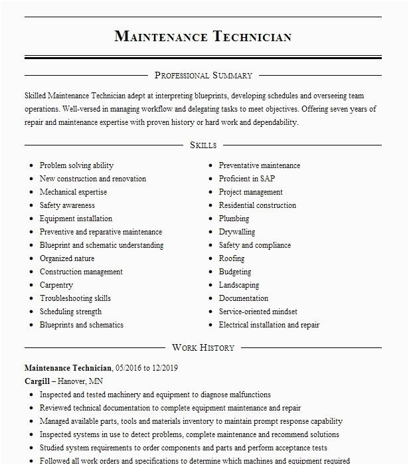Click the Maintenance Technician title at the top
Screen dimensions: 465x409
click(203, 36)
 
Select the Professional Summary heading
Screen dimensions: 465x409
click(203, 76)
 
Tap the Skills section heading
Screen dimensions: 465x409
click(203, 145)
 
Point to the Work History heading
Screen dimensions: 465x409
click(203, 347)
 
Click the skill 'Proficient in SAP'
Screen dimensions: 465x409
click(247, 179)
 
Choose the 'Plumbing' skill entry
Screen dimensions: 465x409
click(234, 219)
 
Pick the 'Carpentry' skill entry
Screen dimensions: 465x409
click(56, 285)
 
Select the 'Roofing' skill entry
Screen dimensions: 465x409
click(232, 258)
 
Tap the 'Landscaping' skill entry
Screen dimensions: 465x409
click(239, 285)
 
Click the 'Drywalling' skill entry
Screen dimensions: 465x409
click(237, 232)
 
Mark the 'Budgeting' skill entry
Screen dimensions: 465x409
click(235, 272)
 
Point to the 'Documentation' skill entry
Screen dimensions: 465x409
click(244, 298)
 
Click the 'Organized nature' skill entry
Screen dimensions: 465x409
click(67, 258)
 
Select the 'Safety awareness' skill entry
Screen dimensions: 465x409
click(67, 205)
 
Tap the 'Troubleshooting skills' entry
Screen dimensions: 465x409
click(75, 298)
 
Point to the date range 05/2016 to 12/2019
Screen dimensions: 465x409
click(146, 367)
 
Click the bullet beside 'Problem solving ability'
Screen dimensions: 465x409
click(31, 165)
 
